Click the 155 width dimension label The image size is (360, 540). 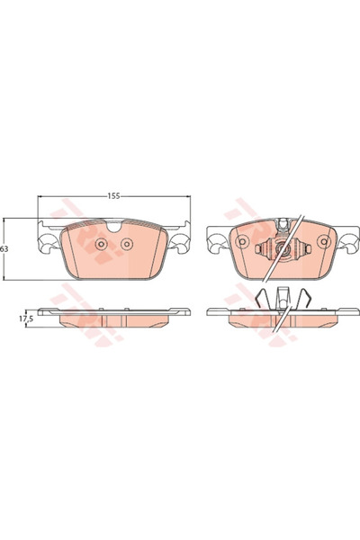pos(113,196)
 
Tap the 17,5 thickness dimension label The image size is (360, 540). pos(26,319)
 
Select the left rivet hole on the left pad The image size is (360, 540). pos(102,244)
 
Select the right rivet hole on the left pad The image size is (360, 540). pos(127,244)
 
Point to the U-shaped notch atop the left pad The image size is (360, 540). pos(114,226)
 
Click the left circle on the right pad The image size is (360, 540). pos(242,241)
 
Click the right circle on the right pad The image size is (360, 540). pos(323,241)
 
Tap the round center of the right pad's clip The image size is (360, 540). pos(282,248)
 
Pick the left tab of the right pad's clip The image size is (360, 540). pos(257,248)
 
